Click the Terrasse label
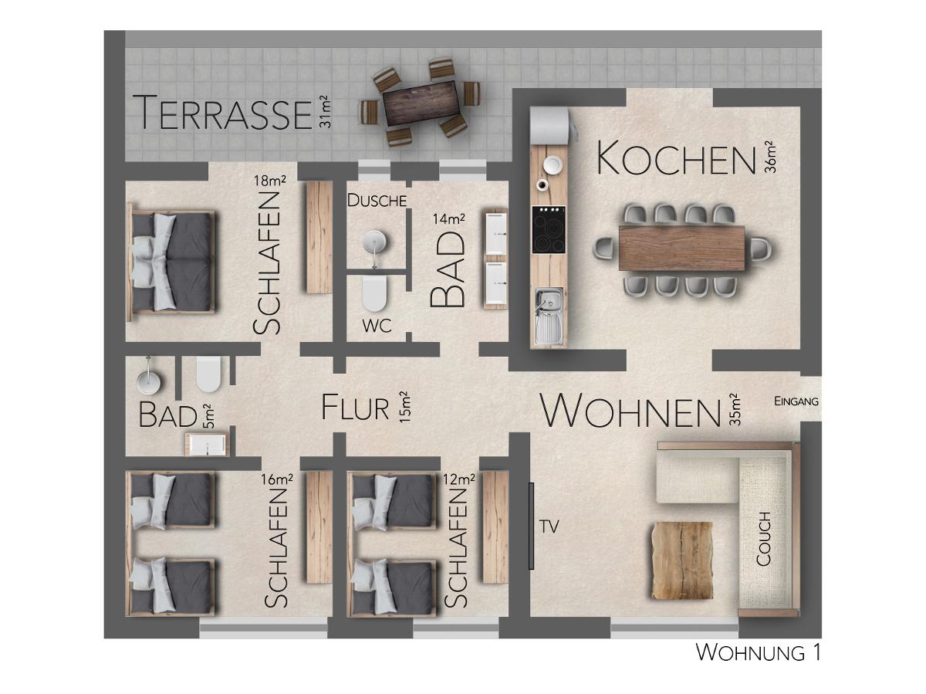click(222, 113)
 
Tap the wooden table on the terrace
click(421, 102)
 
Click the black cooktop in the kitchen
click(549, 229)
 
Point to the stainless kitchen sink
click(549, 316)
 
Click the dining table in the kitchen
click(681, 248)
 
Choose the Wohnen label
click(630, 411)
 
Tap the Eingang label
click(796, 401)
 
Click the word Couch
click(764, 539)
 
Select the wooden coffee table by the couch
click(681, 560)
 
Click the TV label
click(549, 526)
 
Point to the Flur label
click(355, 408)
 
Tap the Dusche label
click(377, 201)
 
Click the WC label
click(377, 326)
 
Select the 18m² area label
click(269, 181)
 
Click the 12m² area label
click(458, 479)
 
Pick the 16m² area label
click(277, 479)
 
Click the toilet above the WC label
click(375, 293)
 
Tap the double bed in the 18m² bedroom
click(172, 262)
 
